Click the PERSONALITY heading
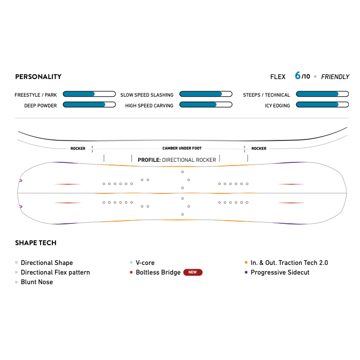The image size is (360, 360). pos(38,76)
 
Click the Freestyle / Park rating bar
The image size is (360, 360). pos(89,94)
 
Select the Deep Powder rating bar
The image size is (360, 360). pos(89,105)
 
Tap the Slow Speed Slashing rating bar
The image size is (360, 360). pos(206,94)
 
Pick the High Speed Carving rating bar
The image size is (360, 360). pos(206,105)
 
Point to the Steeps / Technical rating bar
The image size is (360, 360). pos(322,94)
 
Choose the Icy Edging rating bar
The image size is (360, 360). pos(322,105)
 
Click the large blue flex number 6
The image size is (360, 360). pos(298,76)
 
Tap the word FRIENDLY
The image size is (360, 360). pos(335,76)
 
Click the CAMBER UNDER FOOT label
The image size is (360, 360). pos(182,148)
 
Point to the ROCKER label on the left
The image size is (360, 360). pos(78,148)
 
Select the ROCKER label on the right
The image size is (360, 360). pos(259,148)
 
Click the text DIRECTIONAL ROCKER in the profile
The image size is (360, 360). pos(189,160)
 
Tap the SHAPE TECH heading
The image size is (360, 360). pos(36,242)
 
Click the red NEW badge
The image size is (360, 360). pos(193,272)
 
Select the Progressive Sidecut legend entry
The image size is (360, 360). pos(280,272)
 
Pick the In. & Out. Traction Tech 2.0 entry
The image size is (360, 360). pos(289,263)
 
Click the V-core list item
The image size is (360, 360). pos(145,263)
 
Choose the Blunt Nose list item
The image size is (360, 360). pos(37,282)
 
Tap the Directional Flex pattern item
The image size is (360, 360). pos(55,272)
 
